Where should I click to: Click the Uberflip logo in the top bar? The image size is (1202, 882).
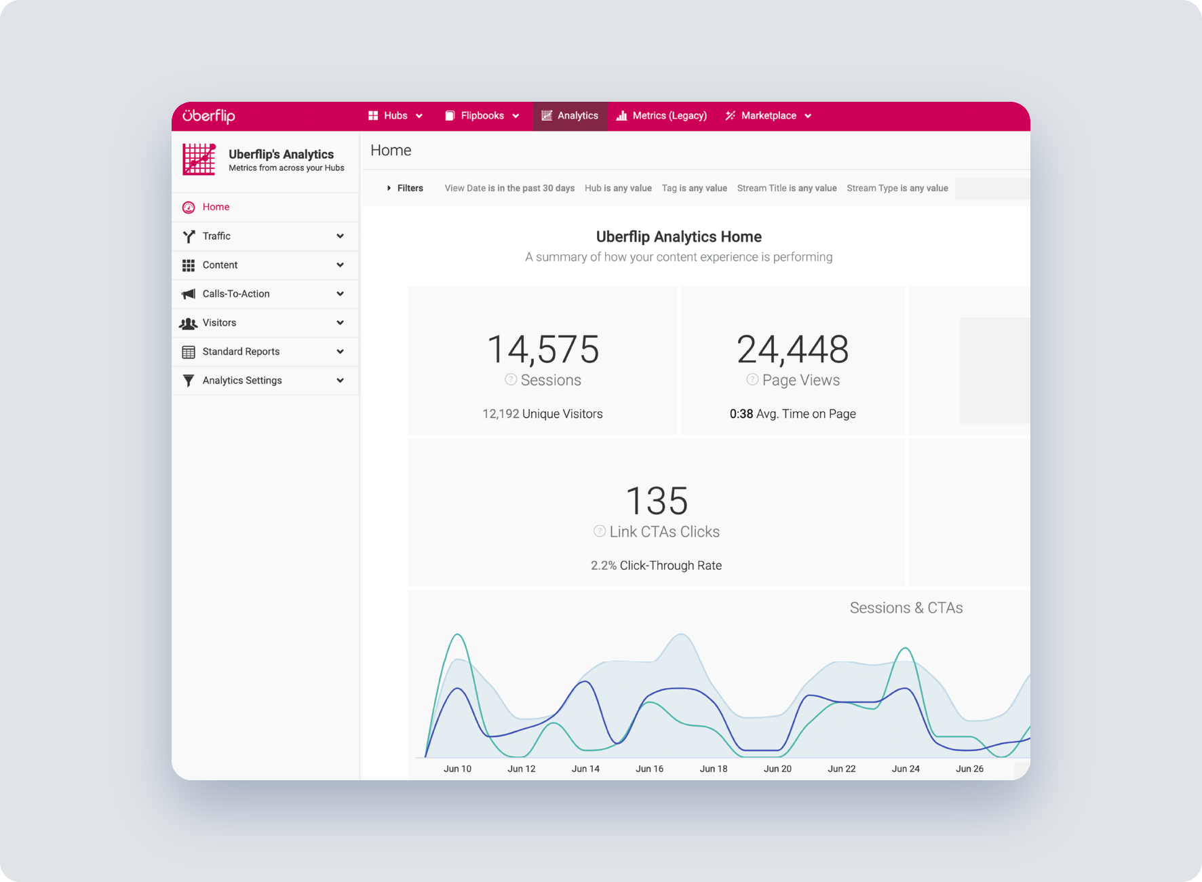point(209,116)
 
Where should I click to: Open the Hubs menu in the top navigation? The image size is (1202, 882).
point(395,116)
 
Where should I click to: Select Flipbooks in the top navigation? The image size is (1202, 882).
point(482,116)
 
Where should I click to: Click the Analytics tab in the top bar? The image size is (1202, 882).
point(570,116)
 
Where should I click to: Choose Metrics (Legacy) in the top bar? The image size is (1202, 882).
point(661,116)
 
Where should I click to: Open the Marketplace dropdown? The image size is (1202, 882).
point(768,116)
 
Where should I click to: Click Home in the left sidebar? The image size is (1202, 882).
point(216,207)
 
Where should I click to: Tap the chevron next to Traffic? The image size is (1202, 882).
point(340,236)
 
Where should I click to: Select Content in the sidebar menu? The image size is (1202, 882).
point(220,265)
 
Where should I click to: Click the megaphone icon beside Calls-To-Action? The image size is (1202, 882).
point(189,294)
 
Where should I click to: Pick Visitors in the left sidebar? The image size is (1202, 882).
point(219,323)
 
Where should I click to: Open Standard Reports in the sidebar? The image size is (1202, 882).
point(241,351)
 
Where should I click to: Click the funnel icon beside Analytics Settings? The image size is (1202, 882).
point(189,381)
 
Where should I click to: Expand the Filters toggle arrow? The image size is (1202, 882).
point(389,188)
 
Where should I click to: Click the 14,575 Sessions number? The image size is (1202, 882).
point(543,349)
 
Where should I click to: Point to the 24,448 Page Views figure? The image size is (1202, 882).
point(792,349)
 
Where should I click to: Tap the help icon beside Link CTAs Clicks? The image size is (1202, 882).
point(600,531)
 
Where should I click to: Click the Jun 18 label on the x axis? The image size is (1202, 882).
point(714,769)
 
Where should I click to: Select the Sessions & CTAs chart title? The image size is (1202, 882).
point(906,608)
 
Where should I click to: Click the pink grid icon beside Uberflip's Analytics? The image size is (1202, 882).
point(199,159)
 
